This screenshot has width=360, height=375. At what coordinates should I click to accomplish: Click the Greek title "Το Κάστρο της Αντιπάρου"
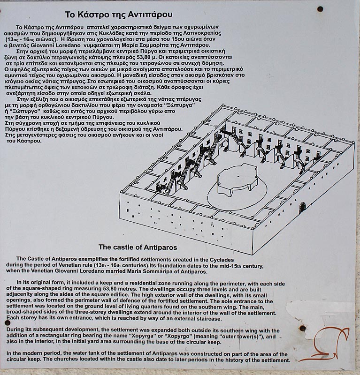pos(119,15)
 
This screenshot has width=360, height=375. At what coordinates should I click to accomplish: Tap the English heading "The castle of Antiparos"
pos(138,247)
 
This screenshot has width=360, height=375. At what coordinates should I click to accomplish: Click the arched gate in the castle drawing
pos(303,207)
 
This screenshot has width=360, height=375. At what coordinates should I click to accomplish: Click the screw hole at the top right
pos(320,9)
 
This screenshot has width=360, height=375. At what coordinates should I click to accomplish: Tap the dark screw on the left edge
pos(8,323)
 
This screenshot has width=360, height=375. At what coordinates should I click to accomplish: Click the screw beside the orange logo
pos(303,328)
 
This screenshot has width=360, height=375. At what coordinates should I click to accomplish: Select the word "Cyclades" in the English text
pos(222,260)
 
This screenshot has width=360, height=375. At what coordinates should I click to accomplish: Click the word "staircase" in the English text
pos(209,319)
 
